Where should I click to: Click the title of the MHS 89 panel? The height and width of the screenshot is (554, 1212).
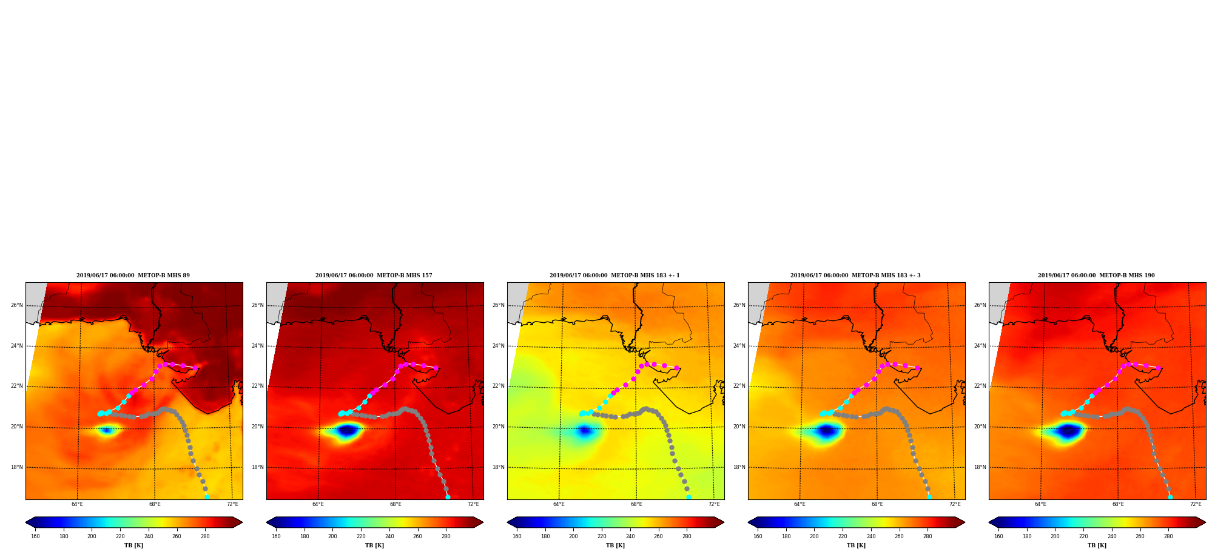pos(133,275)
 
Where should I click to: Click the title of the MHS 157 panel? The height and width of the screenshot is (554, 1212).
pos(374,275)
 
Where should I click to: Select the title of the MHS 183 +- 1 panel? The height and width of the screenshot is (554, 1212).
pos(614,275)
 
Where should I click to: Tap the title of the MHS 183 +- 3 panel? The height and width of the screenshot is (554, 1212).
pos(855,275)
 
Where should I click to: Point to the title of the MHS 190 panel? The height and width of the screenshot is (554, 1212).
pos(1096,275)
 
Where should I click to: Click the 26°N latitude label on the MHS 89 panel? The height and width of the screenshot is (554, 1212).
pos(16,305)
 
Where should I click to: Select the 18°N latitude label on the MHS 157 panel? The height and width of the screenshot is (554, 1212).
pos(257,467)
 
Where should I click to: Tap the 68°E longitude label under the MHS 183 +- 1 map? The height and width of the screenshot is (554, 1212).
pos(636,504)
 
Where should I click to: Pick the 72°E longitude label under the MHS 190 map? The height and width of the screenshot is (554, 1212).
pos(1196,504)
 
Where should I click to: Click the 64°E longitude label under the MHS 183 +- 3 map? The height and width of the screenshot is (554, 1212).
pos(800,504)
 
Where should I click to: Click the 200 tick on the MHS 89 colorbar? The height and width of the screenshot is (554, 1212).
pos(92,536)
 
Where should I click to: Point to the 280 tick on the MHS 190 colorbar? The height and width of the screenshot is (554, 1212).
pos(1168,536)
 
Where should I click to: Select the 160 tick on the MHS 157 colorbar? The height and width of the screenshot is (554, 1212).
pos(276,536)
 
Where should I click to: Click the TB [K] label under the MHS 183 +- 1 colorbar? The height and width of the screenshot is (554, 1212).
pos(615,546)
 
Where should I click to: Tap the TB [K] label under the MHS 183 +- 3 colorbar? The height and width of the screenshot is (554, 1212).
pos(856,546)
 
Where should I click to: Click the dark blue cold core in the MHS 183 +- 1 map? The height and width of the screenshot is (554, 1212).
pos(584,430)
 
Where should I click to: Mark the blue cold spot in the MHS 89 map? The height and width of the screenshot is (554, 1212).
pos(106,430)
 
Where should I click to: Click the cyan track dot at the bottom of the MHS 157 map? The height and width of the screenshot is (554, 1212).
pos(448,497)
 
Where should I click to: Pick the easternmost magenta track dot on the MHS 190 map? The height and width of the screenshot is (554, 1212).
pos(1158,368)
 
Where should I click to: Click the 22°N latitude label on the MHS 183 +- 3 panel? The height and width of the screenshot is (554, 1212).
pos(739,386)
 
